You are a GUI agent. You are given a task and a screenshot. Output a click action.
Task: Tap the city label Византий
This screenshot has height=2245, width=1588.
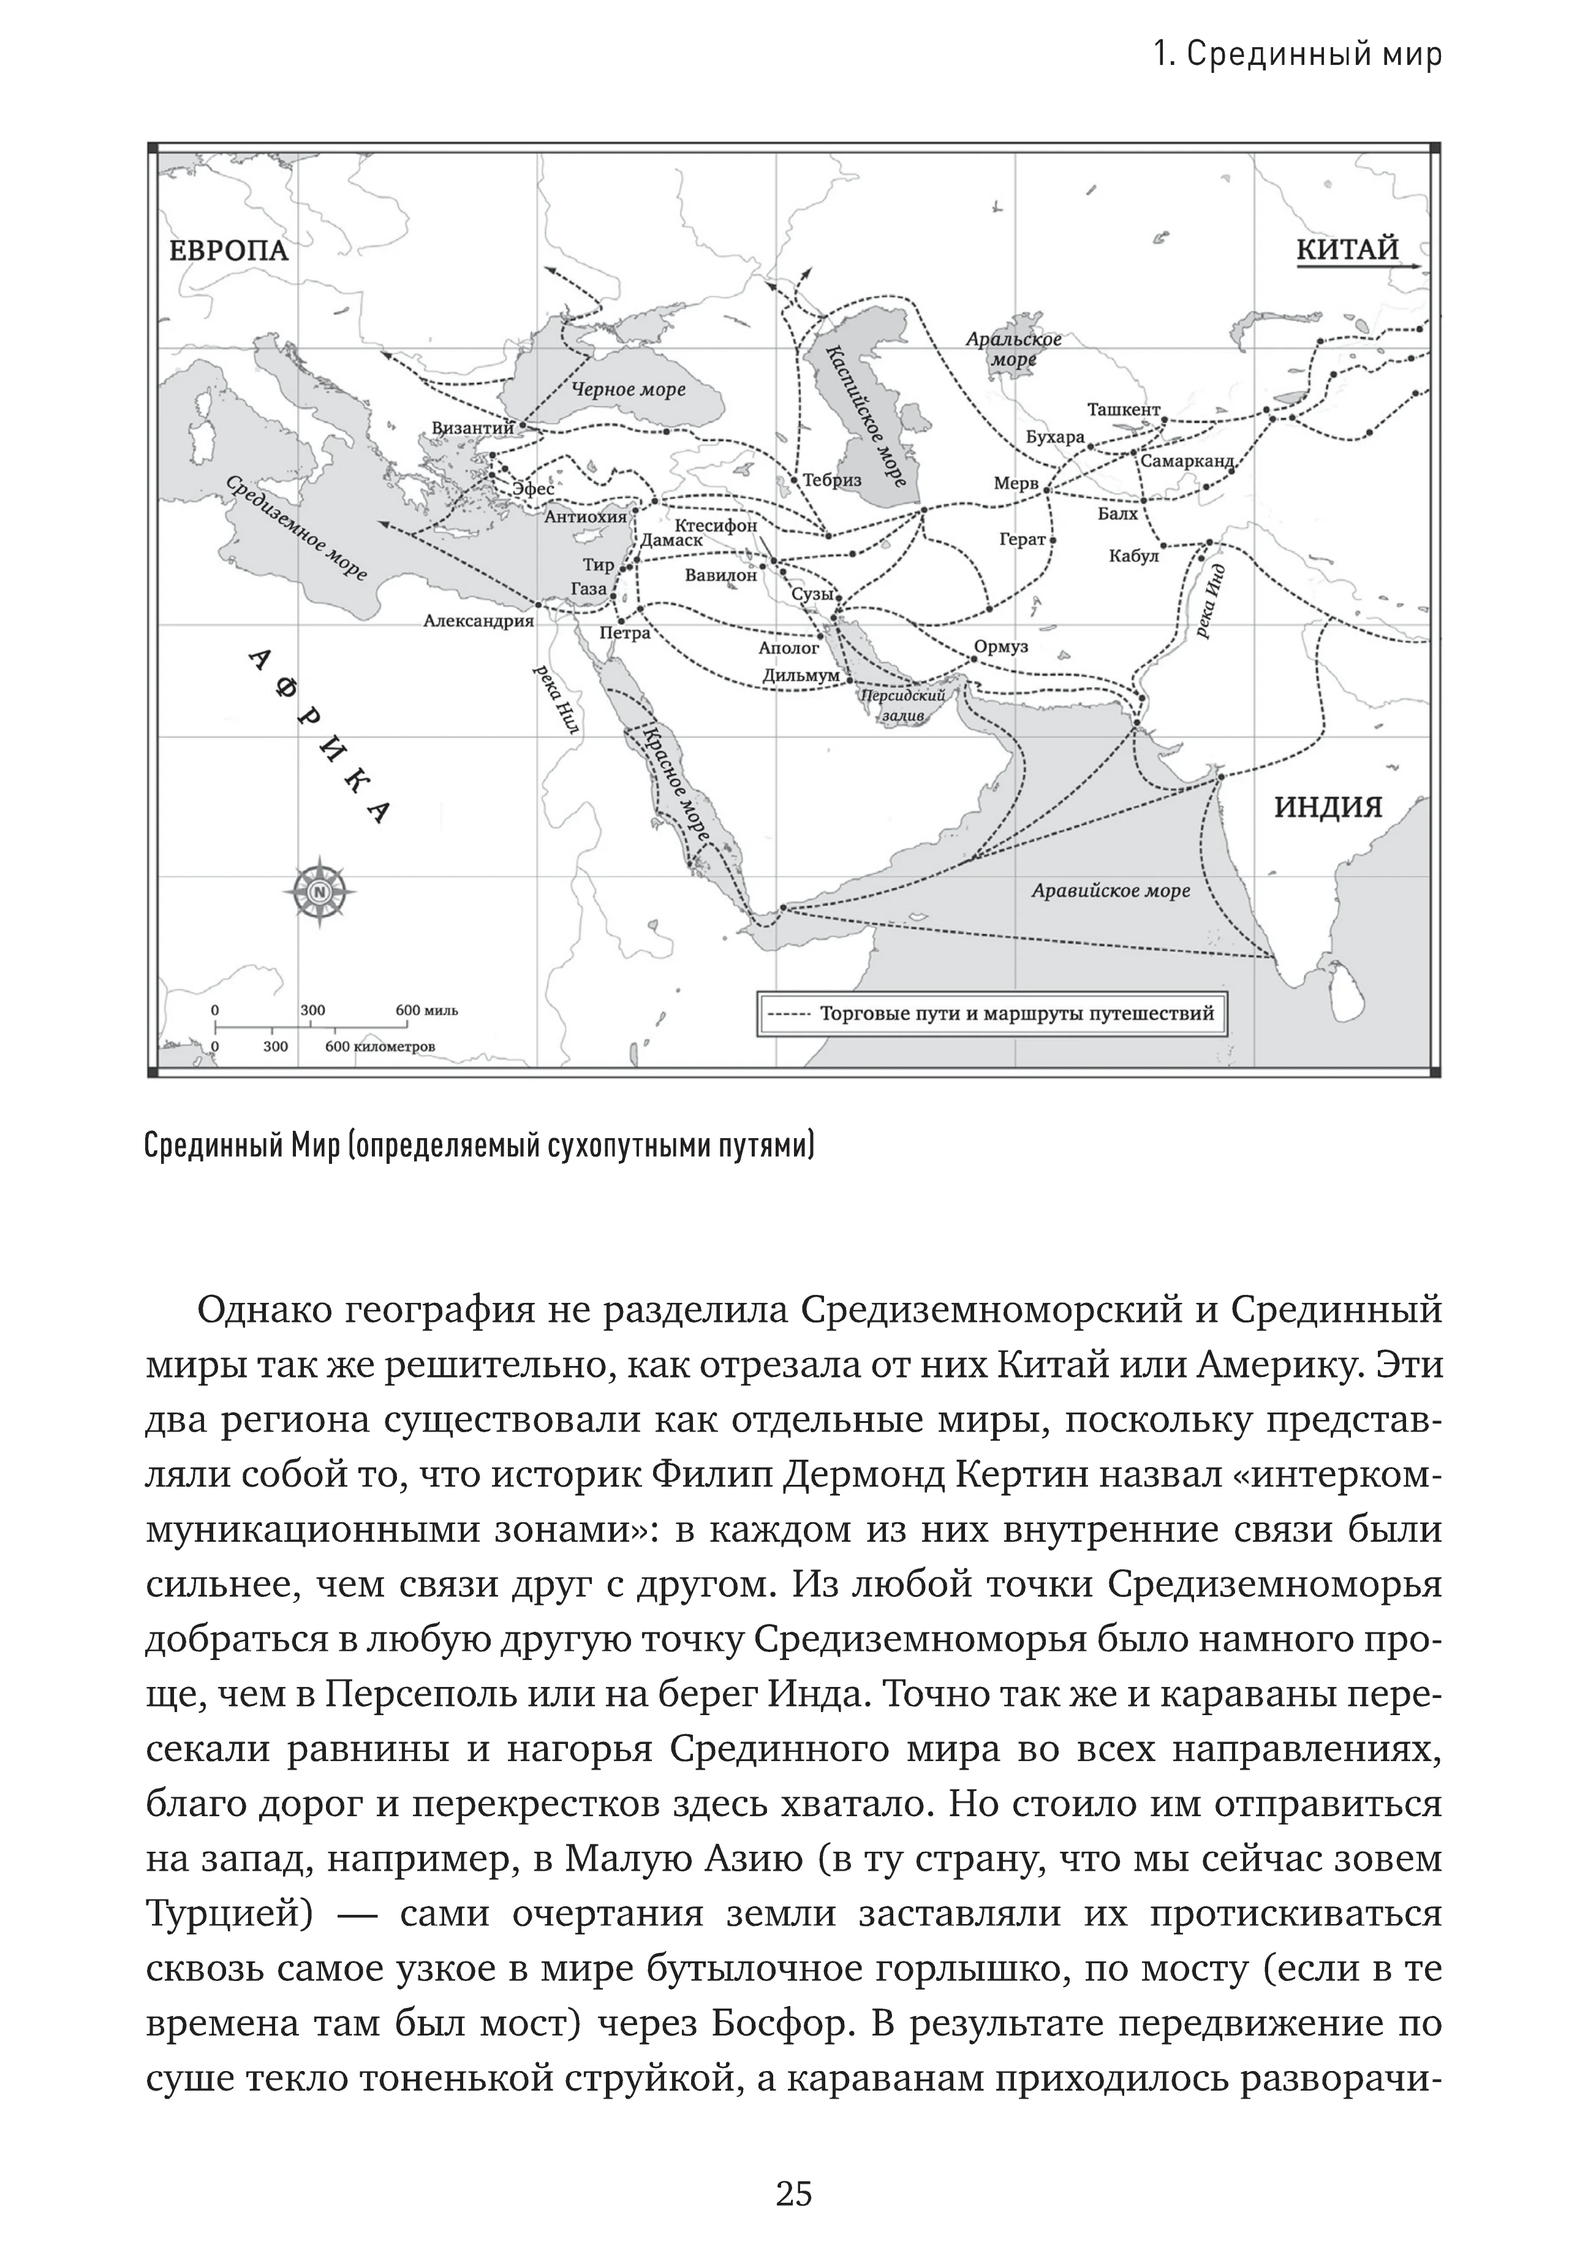coord(473,428)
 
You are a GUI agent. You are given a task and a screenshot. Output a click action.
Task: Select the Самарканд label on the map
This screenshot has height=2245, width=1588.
coord(1187,461)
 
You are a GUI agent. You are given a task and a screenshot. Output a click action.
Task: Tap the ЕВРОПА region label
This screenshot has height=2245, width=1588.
coord(229,251)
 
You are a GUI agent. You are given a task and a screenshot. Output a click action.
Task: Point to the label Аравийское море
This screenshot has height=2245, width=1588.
coord(1110,891)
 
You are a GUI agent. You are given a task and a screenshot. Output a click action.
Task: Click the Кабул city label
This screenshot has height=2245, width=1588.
coord(1133,556)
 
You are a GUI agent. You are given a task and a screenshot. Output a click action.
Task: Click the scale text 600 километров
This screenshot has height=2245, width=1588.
coord(380,1046)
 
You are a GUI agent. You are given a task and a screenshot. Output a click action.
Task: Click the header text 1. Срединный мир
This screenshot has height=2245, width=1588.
coord(1296,55)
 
